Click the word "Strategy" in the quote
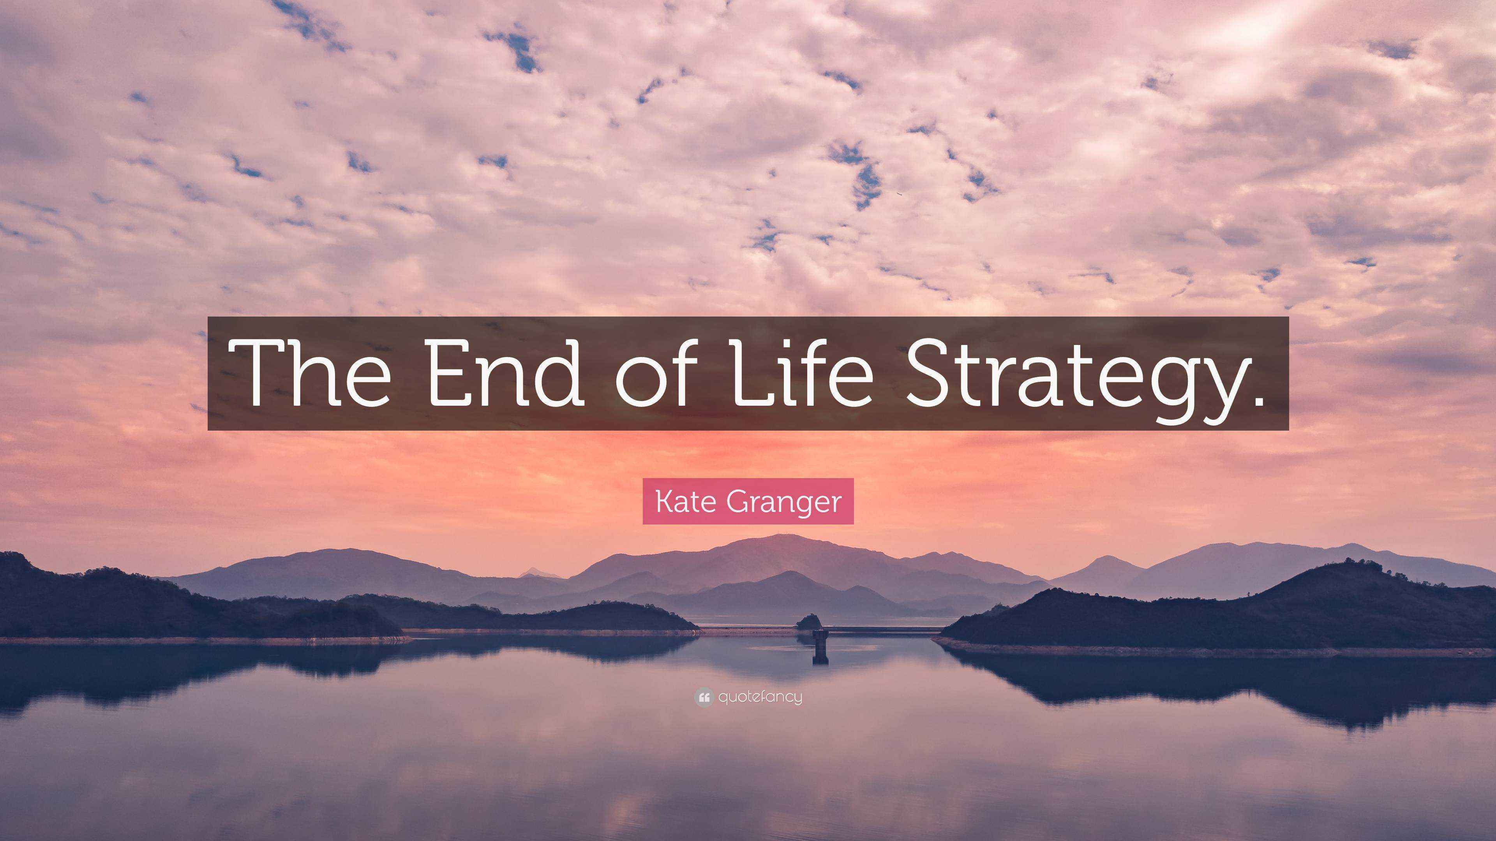pos(1071,377)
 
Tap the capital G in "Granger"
pos(740,501)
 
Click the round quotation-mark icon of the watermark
pos(703,697)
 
